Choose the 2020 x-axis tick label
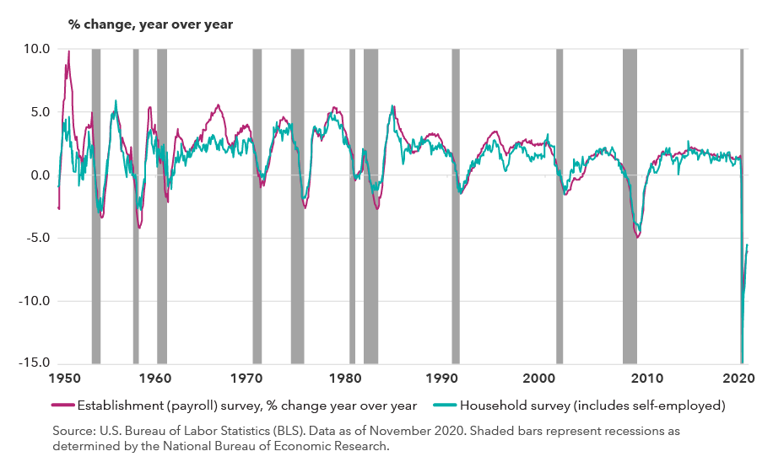(x=736, y=379)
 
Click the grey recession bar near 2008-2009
(x=630, y=126)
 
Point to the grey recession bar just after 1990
(x=456, y=126)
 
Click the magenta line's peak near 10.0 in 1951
(x=68, y=51)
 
